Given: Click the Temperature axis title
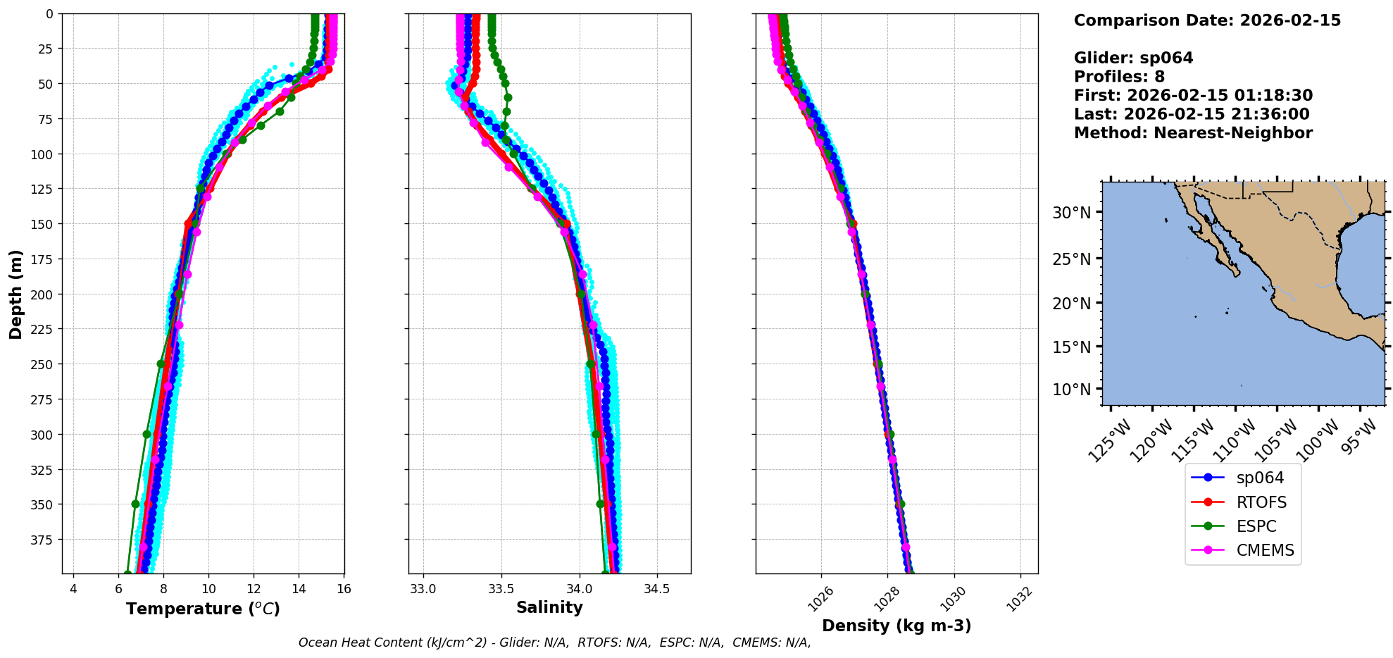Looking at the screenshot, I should coord(203,609).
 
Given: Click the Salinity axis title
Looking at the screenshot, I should coord(549,608).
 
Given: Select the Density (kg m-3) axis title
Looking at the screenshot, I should coord(897,626).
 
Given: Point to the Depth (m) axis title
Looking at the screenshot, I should coord(15,294).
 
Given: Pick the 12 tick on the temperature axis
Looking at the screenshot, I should coord(254,589).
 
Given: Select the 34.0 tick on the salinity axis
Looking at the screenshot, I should coord(579,589).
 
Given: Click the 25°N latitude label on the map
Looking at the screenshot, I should coord(1071,259).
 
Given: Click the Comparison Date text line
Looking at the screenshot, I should coord(1207,20).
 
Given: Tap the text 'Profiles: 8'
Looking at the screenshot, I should coord(1119,77).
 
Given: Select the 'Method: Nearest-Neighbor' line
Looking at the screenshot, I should coord(1193,133).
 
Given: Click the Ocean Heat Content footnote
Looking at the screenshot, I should coord(554,643).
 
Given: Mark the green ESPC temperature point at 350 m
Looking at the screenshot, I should coord(135,504).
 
